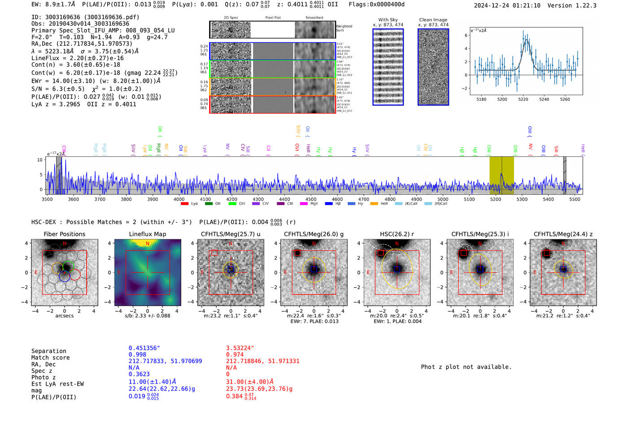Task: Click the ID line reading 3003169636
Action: pyautogui.click(x=85, y=17)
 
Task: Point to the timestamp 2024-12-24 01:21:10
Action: pyautogui.click(x=507, y=5)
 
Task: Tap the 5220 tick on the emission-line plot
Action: pyautogui.click(x=523, y=99)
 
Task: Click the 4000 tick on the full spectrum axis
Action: pyautogui.click(x=179, y=199)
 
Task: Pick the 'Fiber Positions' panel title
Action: pyautogui.click(x=64, y=234)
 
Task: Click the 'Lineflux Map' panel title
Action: pyautogui.click(x=148, y=234)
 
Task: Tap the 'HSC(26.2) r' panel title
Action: pyautogui.click(x=397, y=234)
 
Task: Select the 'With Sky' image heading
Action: pyautogui.click(x=388, y=20)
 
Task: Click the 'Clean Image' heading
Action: pyautogui.click(x=433, y=20)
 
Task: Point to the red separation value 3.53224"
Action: pyautogui.click(x=240, y=348)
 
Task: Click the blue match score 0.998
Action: pyautogui.click(x=137, y=354)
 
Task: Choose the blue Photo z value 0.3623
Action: pyautogui.click(x=139, y=374)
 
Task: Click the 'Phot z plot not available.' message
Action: pyautogui.click(x=466, y=367)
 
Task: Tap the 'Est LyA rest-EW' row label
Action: pyautogui.click(x=57, y=384)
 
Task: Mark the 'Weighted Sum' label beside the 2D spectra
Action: pyautogui.click(x=344, y=28)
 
